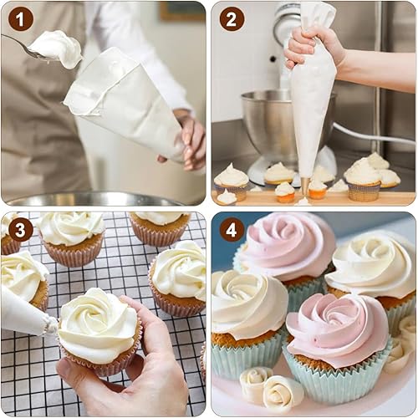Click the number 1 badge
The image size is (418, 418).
[21, 19]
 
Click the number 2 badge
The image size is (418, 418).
[232, 19]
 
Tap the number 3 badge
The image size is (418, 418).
[21, 230]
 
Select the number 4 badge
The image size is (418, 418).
[232, 230]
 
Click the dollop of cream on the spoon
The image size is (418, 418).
[57, 48]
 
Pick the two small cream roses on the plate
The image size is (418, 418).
[271, 387]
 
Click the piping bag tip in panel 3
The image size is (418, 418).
[52, 325]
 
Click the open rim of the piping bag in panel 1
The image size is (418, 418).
[103, 84]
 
